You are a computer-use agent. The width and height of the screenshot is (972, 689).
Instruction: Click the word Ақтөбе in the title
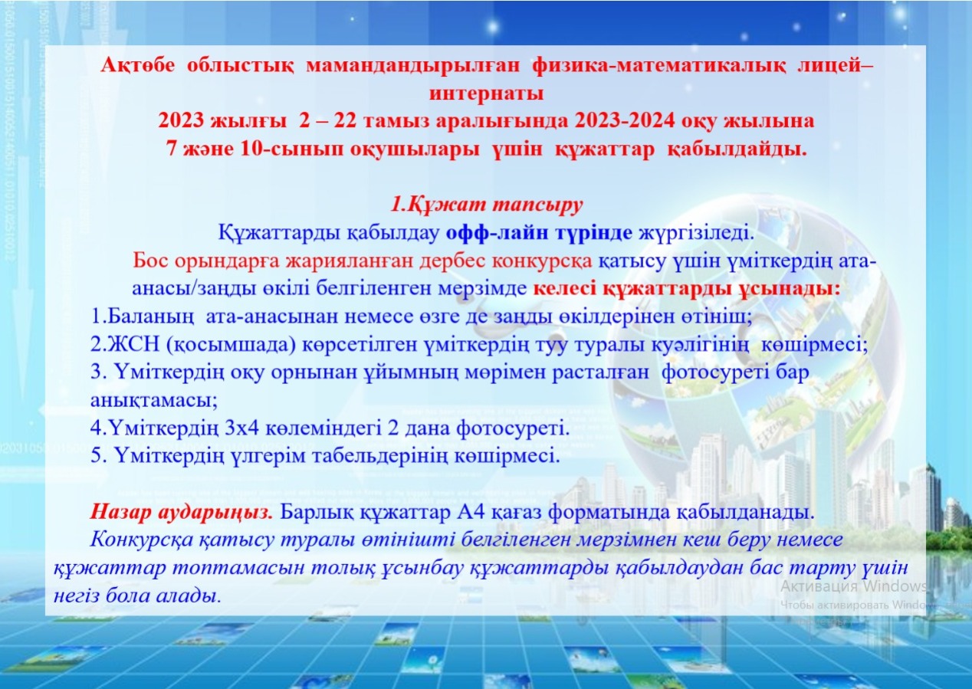pyautogui.click(x=138, y=66)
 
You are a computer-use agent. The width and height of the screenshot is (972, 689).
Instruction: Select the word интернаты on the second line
pyautogui.click(x=486, y=94)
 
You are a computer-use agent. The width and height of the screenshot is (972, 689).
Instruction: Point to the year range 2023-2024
pyautogui.click(x=626, y=121)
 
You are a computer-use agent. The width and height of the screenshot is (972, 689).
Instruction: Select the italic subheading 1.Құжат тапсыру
pyautogui.click(x=487, y=205)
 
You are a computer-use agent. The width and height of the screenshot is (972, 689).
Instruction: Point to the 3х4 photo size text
pyautogui.click(x=241, y=429)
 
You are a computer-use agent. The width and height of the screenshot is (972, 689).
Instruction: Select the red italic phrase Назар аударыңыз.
pyautogui.click(x=182, y=513)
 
